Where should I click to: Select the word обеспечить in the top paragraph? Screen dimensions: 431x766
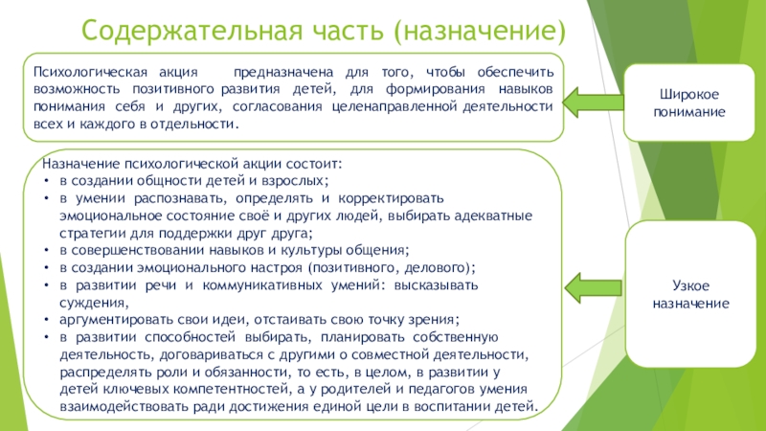(518, 71)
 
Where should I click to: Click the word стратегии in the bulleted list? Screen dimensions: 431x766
(90, 233)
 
